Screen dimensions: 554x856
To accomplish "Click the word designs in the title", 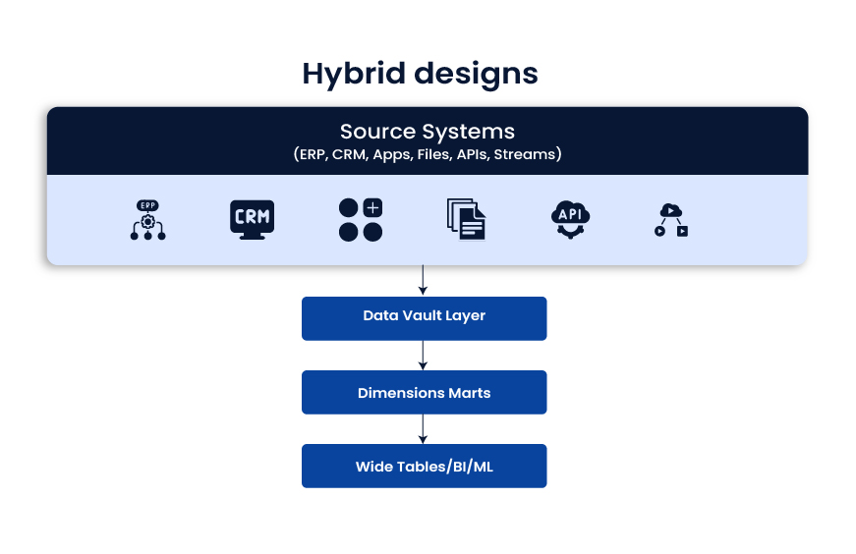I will coord(476,74).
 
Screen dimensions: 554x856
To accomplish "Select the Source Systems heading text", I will coord(427,131).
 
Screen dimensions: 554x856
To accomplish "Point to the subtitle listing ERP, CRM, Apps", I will coord(427,154).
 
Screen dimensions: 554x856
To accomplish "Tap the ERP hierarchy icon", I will coord(148,220).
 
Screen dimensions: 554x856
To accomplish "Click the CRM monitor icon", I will coord(252,219).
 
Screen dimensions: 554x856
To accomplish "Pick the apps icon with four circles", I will coord(360,220).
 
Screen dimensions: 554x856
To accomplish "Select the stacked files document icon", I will coord(466,219).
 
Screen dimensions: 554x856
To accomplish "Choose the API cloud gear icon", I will coord(570,219).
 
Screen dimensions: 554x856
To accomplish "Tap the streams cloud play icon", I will coord(672,220).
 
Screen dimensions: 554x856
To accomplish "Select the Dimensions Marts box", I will coord(424,392).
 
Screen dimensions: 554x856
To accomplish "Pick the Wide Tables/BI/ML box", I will coord(424,466).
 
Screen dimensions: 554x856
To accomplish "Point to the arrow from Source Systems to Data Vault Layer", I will coord(424,281).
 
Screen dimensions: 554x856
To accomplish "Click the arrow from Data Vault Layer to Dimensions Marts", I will coord(424,356).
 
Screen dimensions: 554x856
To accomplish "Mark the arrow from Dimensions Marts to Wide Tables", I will coord(424,429).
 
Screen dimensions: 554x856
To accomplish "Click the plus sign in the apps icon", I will coord(372,207).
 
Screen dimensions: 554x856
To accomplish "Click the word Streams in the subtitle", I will coord(527,154).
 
